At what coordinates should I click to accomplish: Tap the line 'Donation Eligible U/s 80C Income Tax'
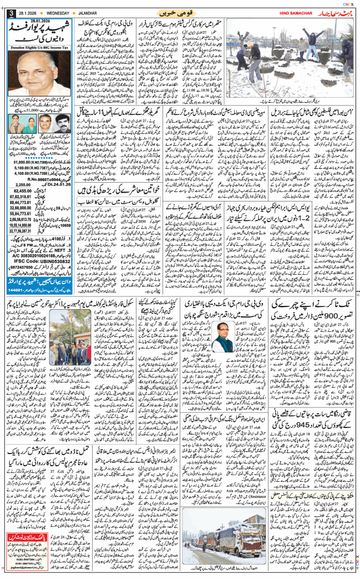[39, 49]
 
